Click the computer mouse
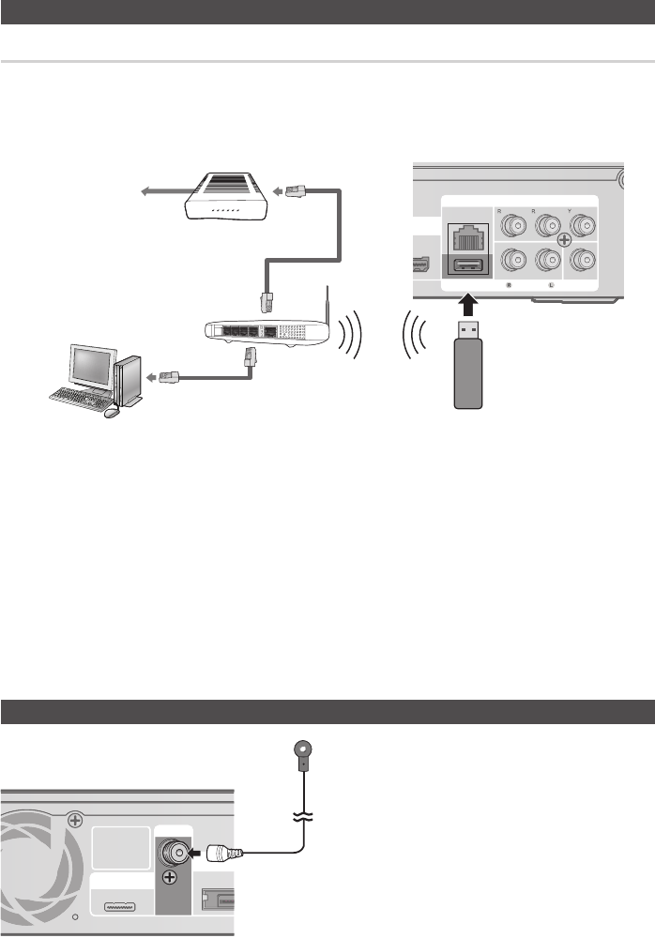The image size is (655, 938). (x=113, y=412)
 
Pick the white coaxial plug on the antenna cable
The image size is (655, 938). (x=224, y=855)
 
